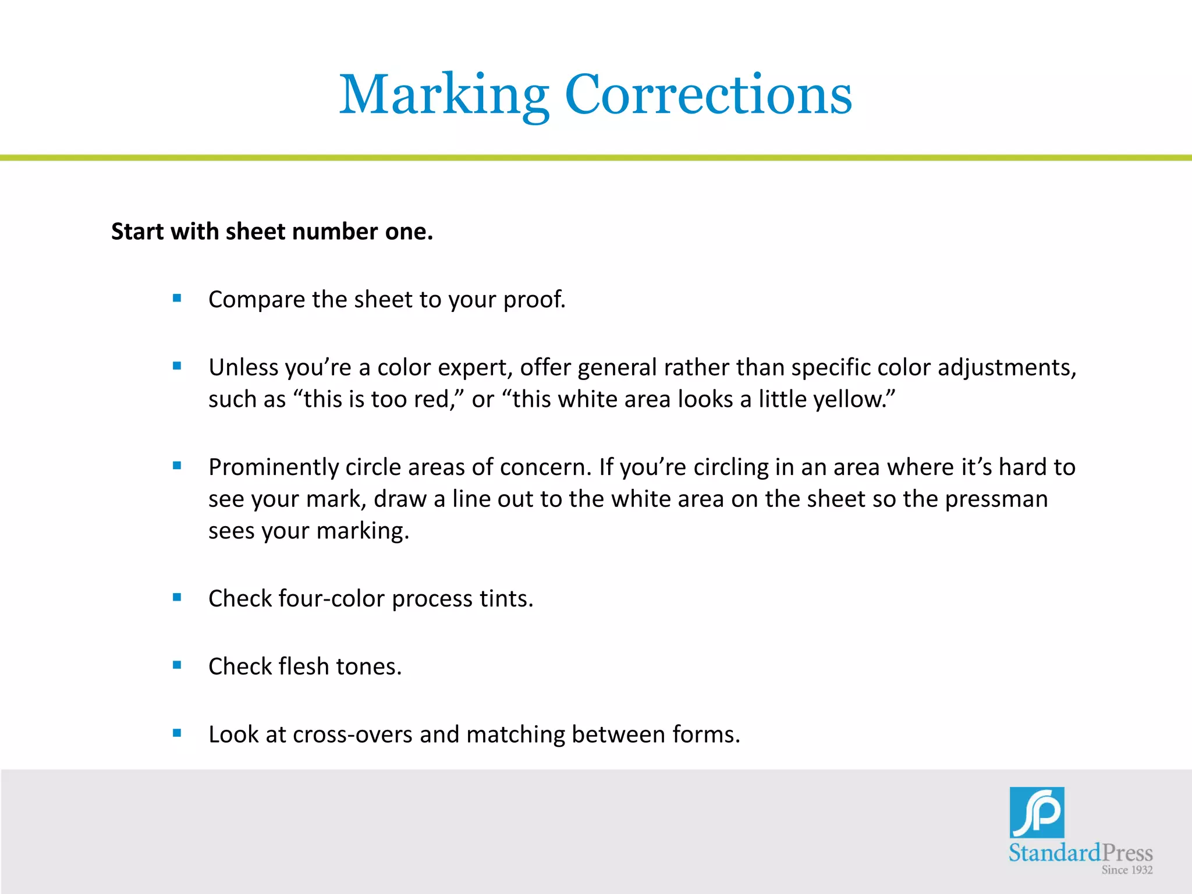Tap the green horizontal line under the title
tap(596, 158)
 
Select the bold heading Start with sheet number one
tap(272, 232)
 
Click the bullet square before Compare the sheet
tap(178, 299)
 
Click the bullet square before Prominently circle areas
tap(178, 466)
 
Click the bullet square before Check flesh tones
tap(178, 665)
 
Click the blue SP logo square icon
tap(1037, 813)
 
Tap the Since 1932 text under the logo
tap(1127, 870)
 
